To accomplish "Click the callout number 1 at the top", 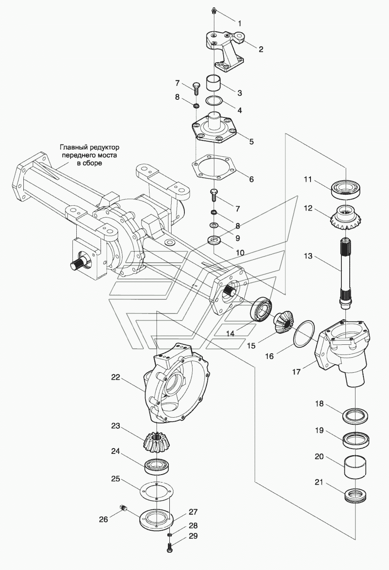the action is (239, 23).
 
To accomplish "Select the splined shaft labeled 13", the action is (346, 273).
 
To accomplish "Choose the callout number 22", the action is (116, 377).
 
